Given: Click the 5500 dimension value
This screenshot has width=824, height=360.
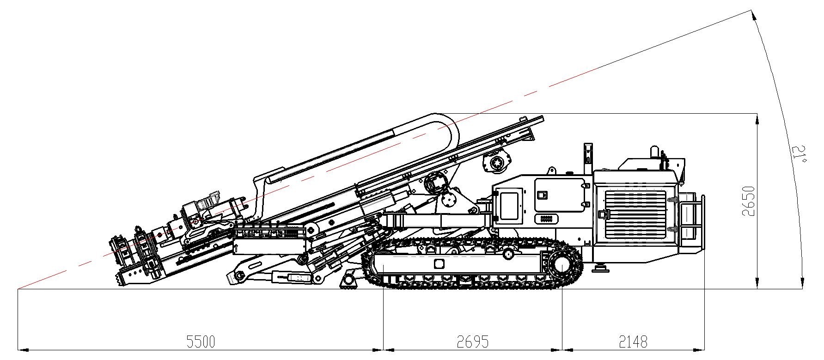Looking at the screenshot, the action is click(201, 342).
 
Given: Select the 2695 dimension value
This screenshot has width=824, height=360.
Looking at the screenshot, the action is click(472, 342).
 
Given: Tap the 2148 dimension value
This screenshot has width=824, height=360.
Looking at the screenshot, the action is click(633, 342).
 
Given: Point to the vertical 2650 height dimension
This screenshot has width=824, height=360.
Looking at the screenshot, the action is click(748, 201).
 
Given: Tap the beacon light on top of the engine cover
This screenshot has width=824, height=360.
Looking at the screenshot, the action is click(654, 152).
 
